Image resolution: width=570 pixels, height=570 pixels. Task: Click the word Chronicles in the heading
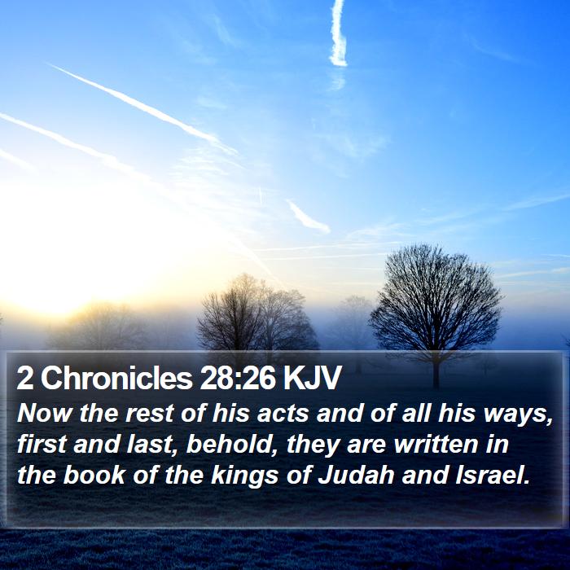click(x=116, y=378)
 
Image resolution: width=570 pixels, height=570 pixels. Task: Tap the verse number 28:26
click(x=238, y=378)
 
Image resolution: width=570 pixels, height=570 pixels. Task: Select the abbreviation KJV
click(x=312, y=378)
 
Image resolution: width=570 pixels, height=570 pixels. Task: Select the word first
click(x=42, y=445)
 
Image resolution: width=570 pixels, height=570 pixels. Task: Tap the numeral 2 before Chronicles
click(x=24, y=378)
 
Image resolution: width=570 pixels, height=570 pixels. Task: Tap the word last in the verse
click(x=149, y=445)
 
